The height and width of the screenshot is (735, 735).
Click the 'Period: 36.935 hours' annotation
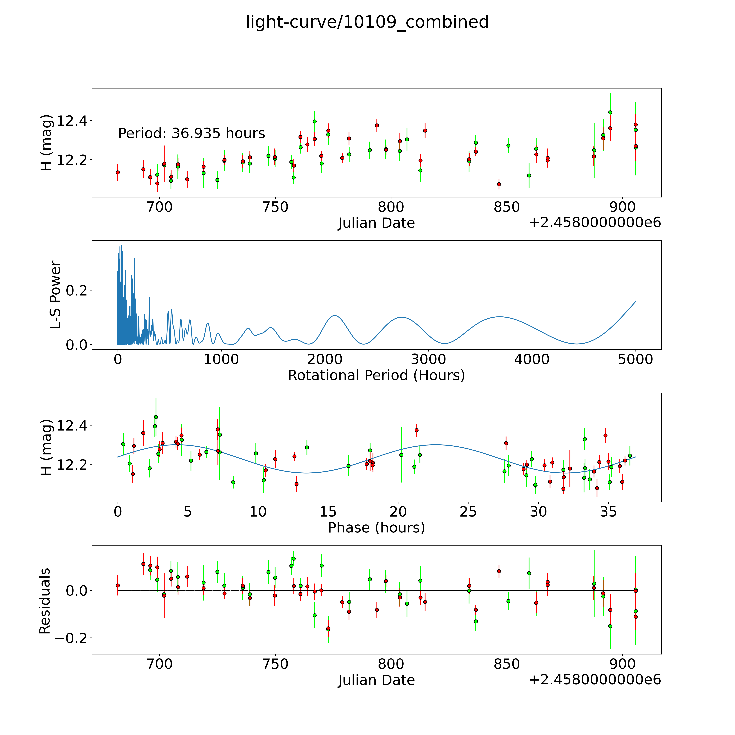pyautogui.click(x=191, y=134)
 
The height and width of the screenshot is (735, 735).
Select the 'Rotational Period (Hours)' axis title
pyautogui.click(x=376, y=376)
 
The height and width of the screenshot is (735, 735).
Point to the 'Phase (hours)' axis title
pyautogui.click(x=376, y=528)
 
